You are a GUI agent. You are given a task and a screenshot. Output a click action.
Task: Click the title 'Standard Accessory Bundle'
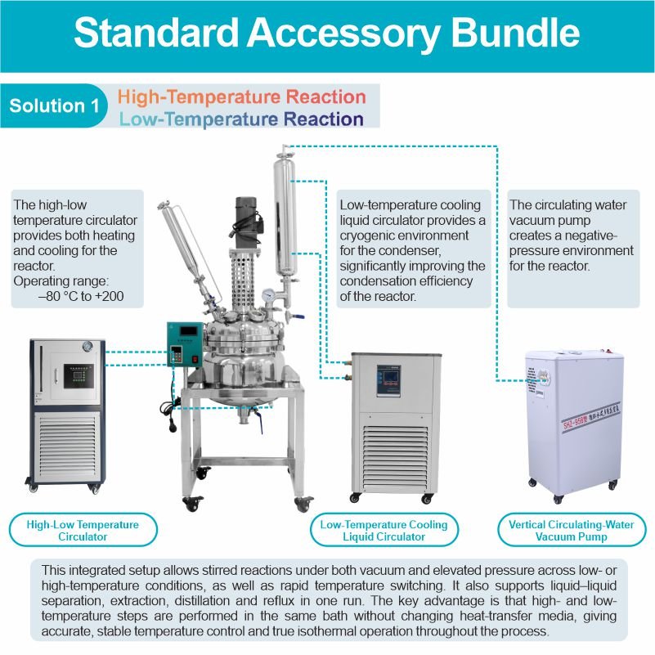(327, 34)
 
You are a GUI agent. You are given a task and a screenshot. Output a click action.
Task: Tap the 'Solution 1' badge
(48, 106)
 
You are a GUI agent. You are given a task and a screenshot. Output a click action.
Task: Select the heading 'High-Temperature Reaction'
(241, 96)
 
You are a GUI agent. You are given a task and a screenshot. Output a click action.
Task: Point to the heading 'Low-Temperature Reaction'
(241, 119)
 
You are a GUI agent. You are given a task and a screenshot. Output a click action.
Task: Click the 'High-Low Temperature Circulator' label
(83, 531)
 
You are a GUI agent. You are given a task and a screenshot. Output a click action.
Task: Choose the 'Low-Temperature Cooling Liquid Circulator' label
(384, 531)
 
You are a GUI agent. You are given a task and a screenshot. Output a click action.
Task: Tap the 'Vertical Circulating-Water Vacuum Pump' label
(571, 531)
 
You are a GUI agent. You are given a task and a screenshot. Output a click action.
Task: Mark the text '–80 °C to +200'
(81, 296)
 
